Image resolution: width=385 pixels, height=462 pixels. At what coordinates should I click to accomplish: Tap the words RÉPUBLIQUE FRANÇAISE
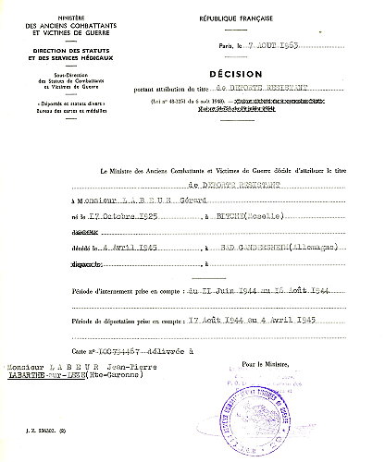[x=232, y=18]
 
